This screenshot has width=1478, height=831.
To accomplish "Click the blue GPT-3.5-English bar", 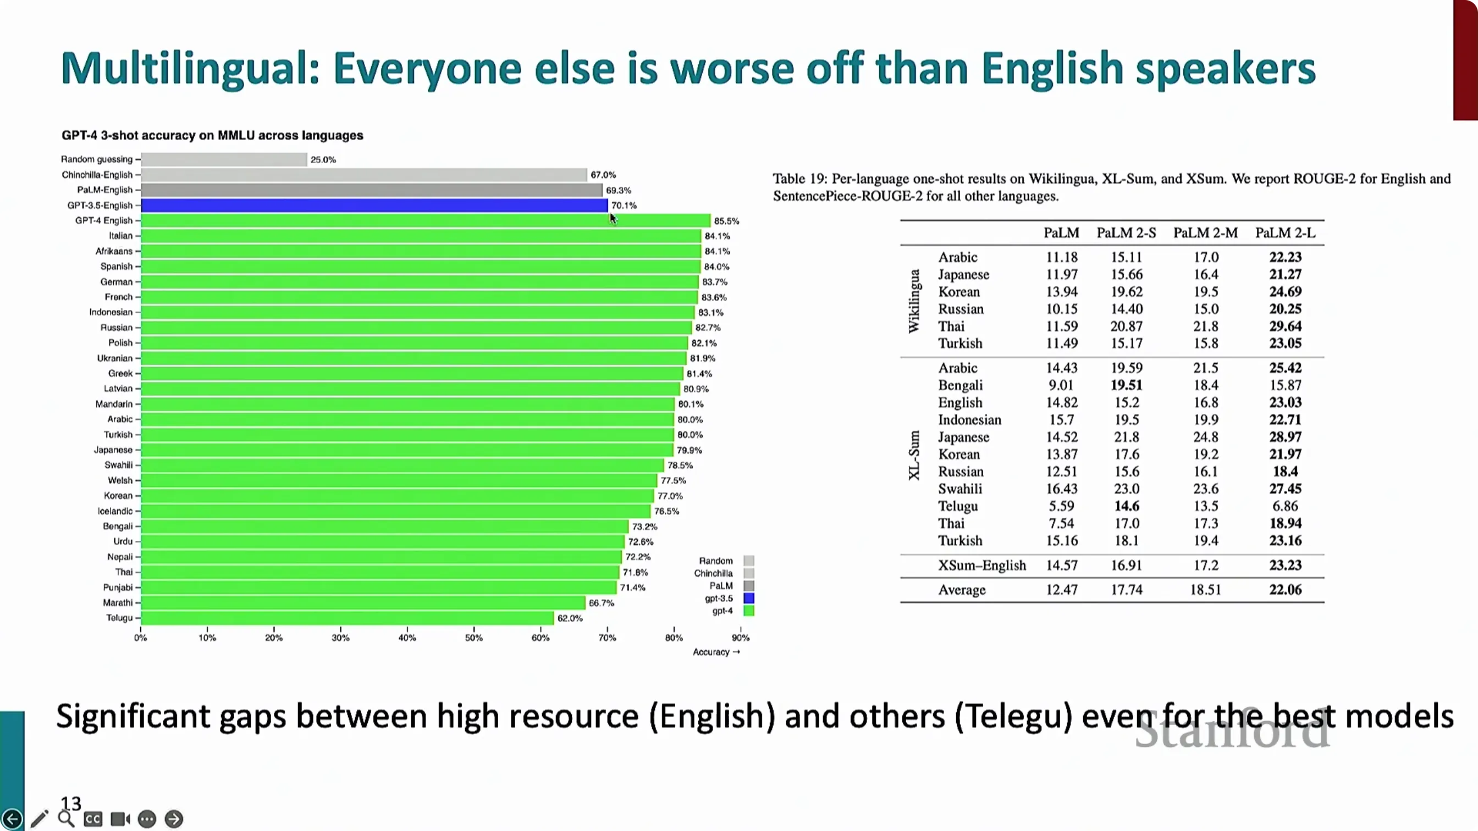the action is [x=374, y=206].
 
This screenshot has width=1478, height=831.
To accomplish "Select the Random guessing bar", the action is [x=224, y=159].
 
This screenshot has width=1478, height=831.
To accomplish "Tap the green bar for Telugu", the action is [x=347, y=618].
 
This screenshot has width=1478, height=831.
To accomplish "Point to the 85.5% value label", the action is [x=726, y=221].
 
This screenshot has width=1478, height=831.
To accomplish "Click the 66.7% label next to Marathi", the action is [x=602, y=603].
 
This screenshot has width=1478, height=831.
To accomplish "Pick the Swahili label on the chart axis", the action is [x=118, y=465].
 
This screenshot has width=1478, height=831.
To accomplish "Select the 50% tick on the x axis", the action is [x=473, y=638].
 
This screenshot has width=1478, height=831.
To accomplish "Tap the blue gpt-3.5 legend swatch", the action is [x=749, y=598].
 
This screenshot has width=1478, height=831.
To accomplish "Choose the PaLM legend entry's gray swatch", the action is [x=749, y=585].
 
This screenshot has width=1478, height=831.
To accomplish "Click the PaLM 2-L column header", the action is [x=1285, y=233].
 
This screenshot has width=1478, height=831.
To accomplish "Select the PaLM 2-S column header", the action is [x=1126, y=233].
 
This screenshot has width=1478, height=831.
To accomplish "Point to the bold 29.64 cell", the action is [x=1285, y=326].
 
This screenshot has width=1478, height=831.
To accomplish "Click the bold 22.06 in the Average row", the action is [x=1285, y=590].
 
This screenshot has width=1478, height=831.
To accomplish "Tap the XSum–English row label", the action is [x=981, y=566].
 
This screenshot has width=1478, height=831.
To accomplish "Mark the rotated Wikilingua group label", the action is [x=914, y=301].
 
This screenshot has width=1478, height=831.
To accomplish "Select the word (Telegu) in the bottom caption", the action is [x=1014, y=717].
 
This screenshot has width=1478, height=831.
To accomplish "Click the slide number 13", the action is [x=71, y=803].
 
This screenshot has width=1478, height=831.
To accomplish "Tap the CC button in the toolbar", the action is [x=93, y=819].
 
